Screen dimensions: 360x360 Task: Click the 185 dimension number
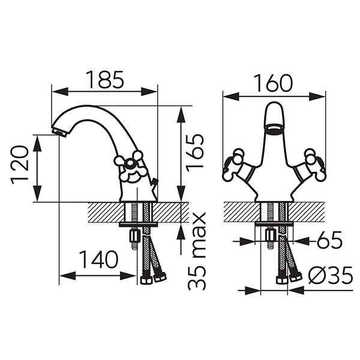[104, 80]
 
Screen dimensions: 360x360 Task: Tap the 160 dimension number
[274, 83]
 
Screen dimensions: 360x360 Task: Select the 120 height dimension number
[20, 164]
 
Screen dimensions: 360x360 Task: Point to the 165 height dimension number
[195, 152]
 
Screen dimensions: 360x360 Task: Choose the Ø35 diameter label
[331, 275]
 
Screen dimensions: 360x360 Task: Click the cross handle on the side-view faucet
[130, 166]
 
